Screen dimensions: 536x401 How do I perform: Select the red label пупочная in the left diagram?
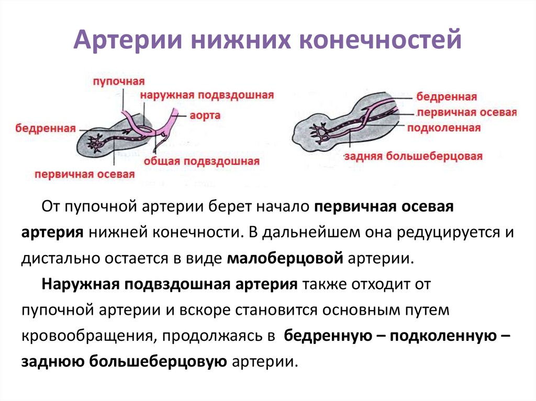119,82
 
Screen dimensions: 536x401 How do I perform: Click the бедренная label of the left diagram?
46,128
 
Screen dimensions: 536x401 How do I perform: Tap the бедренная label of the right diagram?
446,97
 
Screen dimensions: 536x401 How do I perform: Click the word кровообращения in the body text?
84,335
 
